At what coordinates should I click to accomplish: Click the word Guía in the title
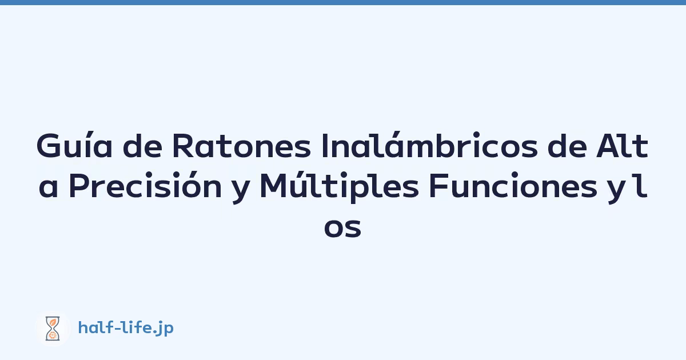click(x=74, y=145)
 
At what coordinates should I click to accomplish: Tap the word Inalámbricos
click(x=430, y=145)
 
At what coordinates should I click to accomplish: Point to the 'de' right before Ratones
click(x=142, y=146)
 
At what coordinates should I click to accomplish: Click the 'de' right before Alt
click(x=567, y=146)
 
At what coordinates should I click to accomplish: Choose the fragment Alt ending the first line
click(x=623, y=146)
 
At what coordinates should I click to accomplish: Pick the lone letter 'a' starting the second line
click(x=49, y=189)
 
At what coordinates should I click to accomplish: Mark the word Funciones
click(x=513, y=186)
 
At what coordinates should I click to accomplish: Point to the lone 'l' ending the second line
click(x=641, y=186)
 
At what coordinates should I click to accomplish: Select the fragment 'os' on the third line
click(x=342, y=228)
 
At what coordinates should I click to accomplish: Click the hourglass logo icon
click(x=53, y=329)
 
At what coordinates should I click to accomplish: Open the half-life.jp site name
click(x=126, y=328)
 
